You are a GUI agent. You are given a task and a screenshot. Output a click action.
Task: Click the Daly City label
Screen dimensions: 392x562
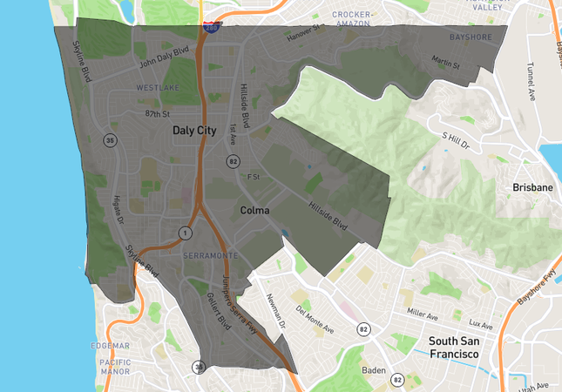click(193, 131)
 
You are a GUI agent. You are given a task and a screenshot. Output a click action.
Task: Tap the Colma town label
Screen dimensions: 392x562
click(254, 211)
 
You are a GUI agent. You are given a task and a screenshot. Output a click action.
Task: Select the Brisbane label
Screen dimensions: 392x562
click(532, 187)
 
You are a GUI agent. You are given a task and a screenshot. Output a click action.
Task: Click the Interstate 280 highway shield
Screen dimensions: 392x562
click(212, 28)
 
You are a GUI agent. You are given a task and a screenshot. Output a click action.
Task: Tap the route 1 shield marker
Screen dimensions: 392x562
click(185, 233)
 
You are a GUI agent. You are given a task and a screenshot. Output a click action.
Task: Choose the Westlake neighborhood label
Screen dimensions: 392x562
click(158, 88)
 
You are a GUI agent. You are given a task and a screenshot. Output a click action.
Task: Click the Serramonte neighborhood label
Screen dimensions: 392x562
click(211, 255)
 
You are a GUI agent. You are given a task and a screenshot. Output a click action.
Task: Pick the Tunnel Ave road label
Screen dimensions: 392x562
click(530, 81)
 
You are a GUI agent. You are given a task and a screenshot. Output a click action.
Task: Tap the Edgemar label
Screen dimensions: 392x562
click(110, 345)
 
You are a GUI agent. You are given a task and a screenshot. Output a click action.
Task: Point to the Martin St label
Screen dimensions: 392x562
click(446, 62)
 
